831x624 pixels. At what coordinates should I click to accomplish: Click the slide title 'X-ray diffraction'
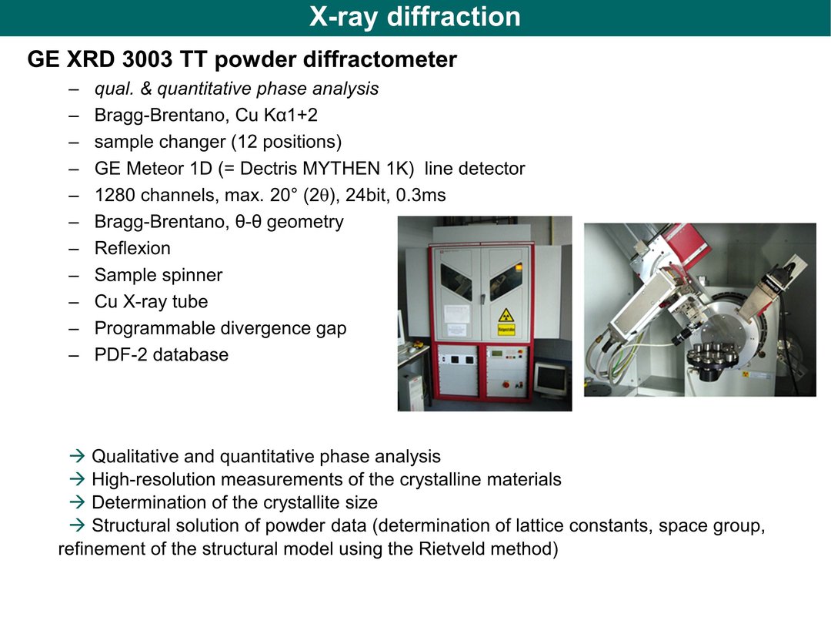[415, 16]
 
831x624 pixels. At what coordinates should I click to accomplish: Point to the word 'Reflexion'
[132, 248]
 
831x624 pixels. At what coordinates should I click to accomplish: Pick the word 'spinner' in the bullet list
[192, 275]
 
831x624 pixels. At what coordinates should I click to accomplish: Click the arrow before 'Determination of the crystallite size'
[78, 502]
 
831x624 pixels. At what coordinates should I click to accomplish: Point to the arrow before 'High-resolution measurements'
[78, 479]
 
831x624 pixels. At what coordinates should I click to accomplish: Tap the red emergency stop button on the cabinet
[506, 384]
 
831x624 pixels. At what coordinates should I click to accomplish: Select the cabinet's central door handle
[482, 299]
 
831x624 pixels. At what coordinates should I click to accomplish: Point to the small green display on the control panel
[496, 354]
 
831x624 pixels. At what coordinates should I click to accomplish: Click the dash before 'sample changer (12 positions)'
[74, 143]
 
